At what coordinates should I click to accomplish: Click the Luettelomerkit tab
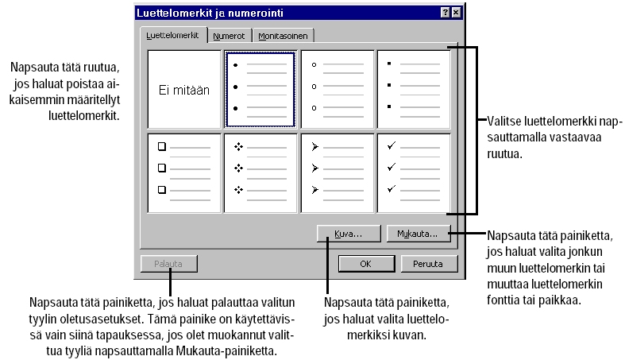click(172, 36)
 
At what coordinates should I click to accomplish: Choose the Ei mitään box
click(184, 90)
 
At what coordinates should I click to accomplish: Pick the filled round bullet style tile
click(260, 90)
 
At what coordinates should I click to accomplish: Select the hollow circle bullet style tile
click(338, 90)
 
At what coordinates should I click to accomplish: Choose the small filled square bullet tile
click(414, 90)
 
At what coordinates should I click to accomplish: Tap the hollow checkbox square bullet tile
click(184, 172)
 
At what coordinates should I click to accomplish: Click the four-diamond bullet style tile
click(260, 172)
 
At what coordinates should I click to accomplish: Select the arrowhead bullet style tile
click(338, 172)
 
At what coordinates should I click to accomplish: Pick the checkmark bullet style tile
click(414, 172)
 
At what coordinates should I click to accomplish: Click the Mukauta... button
click(419, 234)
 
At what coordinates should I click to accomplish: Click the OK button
click(365, 264)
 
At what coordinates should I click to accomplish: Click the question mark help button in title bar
click(446, 13)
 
